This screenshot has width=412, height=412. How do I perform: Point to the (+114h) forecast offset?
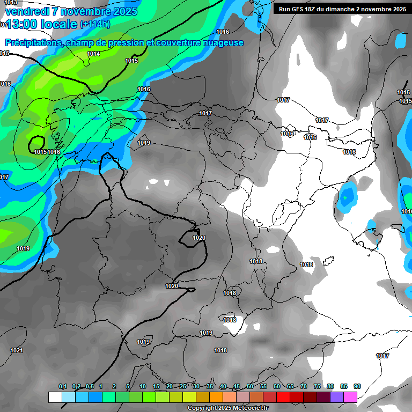point(95,25)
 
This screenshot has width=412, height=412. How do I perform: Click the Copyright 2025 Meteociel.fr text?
point(227,408)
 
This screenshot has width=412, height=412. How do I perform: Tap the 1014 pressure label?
point(93,54)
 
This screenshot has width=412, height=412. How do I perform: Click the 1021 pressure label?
point(17,350)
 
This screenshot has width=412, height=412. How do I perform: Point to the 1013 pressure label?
point(11,3)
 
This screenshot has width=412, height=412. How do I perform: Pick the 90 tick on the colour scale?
point(357,386)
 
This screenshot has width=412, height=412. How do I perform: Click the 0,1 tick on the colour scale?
point(62,386)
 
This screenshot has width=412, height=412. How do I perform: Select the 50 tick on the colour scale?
point(250,386)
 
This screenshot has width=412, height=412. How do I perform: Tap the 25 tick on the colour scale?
point(183,386)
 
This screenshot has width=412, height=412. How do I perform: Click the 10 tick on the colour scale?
point(143,386)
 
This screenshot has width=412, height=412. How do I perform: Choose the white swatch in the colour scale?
point(55,397)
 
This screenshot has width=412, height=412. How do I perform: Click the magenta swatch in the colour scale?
point(350,397)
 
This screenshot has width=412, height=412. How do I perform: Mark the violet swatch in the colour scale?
point(337,397)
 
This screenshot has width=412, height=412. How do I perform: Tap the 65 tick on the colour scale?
point(290,386)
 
